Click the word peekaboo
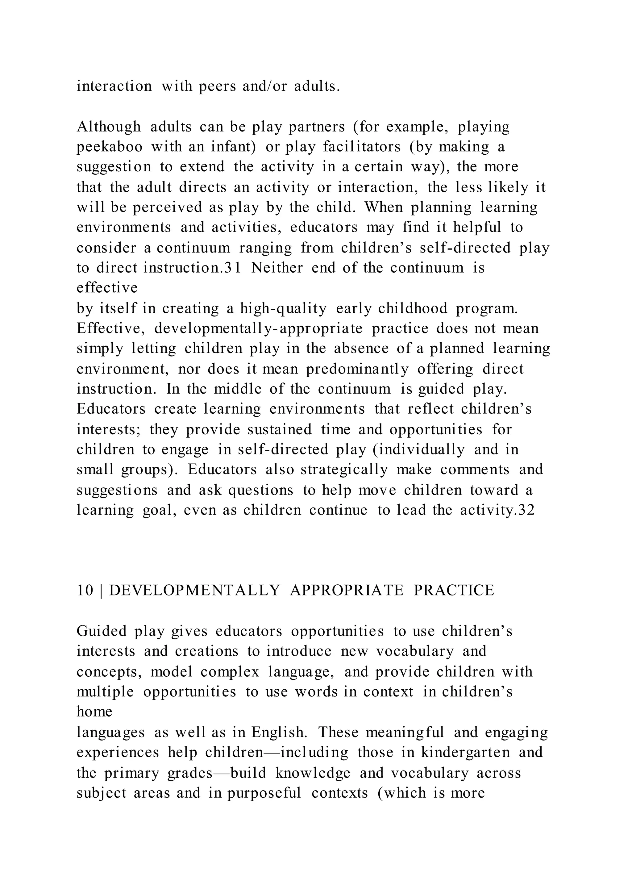(109, 147)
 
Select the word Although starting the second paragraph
(109, 127)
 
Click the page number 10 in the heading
(85, 591)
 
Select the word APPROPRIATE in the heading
(347, 591)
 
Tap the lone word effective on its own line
(107, 288)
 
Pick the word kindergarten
(465, 752)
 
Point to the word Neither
(277, 268)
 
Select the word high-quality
(283, 308)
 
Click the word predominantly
(357, 369)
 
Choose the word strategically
(344, 470)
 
